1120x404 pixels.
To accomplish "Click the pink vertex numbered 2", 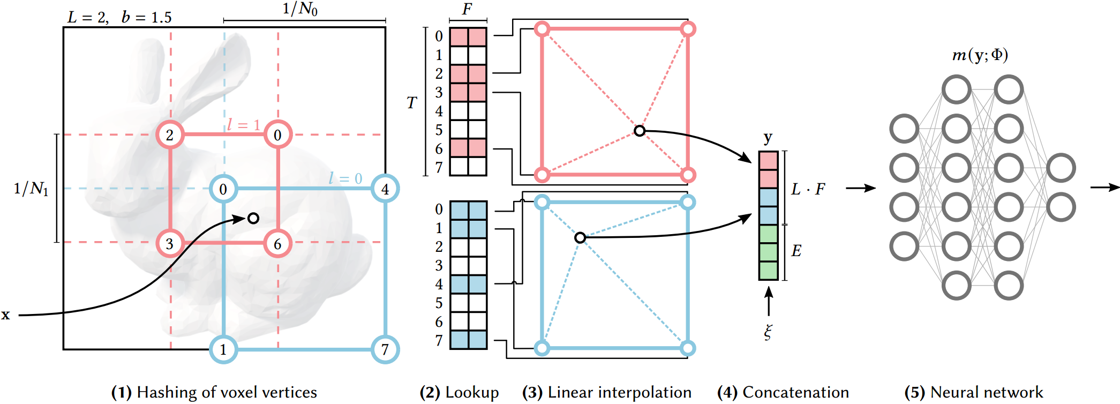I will coord(170,134).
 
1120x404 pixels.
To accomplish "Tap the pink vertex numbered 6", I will coord(277,244).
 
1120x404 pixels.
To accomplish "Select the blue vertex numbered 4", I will coord(385,189).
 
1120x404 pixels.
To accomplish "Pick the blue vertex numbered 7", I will coord(385,349).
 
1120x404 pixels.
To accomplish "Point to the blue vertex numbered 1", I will coord(223,349).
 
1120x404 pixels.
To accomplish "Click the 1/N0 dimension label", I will coord(300,9).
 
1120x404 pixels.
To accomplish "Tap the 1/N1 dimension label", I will coord(31,189).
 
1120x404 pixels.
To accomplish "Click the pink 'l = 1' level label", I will coord(243,125).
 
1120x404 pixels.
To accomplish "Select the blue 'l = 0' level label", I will coord(345,178).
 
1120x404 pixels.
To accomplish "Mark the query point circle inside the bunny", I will coord(253,218).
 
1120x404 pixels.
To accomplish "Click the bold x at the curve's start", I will coord(5,315).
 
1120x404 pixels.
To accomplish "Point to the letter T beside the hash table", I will coord(411,102).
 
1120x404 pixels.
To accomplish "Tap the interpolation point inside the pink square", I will coord(639,131).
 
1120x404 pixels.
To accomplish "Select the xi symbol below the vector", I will coord(768,332).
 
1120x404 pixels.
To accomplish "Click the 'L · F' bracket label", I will coord(808,189).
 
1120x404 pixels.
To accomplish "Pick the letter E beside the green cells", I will coord(796,251).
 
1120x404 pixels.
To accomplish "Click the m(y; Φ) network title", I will coord(980,55).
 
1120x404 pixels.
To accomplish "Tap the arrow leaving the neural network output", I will coord(1104,188).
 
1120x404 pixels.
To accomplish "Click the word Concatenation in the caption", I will coord(795,392).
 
